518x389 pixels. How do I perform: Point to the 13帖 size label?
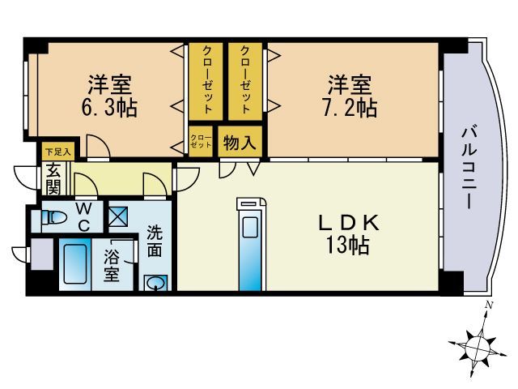coord(348,246)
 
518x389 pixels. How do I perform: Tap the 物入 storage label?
coord(240,143)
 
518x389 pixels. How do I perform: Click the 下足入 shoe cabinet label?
coord(57,152)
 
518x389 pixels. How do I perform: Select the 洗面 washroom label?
coord(155,242)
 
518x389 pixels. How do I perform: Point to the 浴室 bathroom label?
coord(113,267)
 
